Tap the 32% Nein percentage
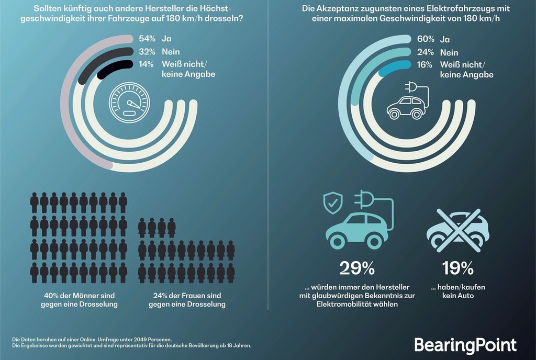pos(146,52)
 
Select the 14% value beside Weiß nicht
pos(146,65)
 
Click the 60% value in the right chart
pos(425,40)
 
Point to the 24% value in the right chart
pos(425,52)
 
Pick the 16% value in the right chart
pos(425,65)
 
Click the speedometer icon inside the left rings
pos(129,102)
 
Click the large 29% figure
pos(356,268)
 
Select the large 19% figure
pos(457,268)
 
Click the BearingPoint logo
pos(465,345)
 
